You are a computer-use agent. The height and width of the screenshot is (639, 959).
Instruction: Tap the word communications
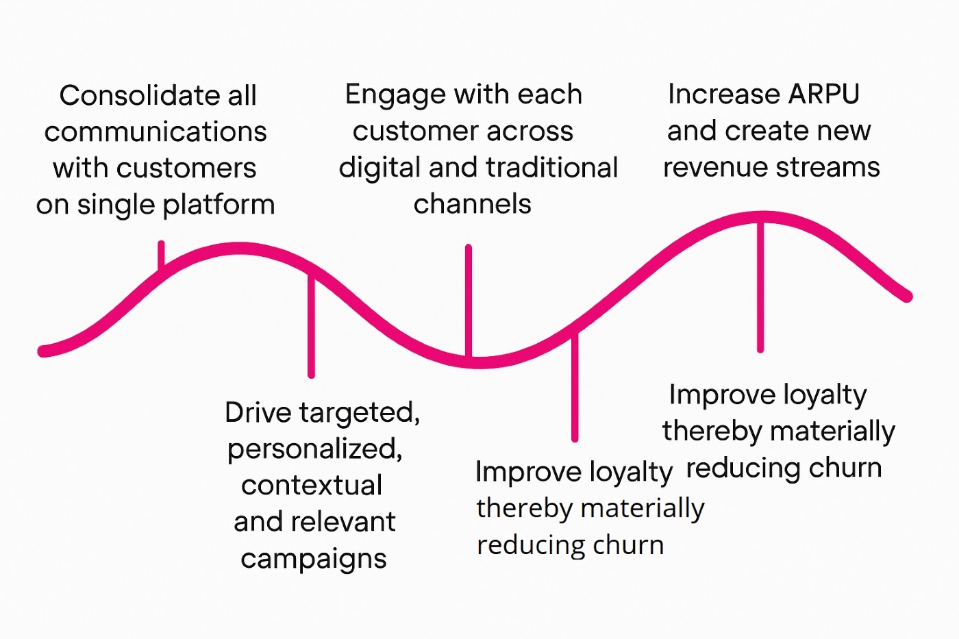155,131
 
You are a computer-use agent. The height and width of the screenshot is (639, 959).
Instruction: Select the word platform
219,205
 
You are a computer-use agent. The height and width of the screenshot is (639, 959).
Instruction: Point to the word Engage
395,95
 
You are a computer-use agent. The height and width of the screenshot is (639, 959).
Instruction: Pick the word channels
472,203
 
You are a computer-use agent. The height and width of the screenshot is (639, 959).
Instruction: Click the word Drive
258,412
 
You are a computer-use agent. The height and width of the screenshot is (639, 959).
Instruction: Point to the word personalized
314,450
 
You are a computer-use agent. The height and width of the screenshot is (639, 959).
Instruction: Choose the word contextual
312,486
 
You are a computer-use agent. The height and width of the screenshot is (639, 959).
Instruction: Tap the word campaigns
314,560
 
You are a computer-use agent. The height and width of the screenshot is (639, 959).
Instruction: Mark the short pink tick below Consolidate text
161,256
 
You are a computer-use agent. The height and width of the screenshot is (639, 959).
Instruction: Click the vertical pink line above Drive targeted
311,326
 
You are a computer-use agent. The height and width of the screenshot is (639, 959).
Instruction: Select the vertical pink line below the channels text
469,301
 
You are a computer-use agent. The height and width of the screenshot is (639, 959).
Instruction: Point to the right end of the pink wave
907,296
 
